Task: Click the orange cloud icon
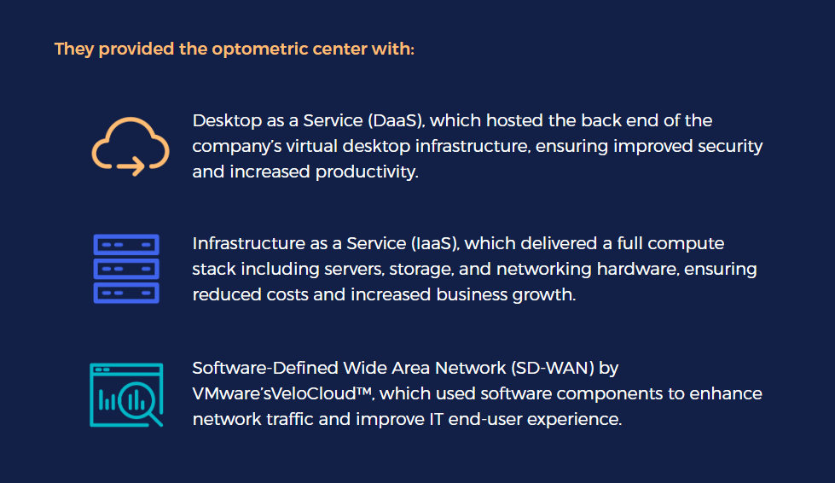[130, 146]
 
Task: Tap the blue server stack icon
[126, 269]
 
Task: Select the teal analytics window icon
[126, 393]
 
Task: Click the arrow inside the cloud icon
[131, 164]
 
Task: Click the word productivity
[367, 172]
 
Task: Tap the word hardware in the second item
[633, 270]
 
